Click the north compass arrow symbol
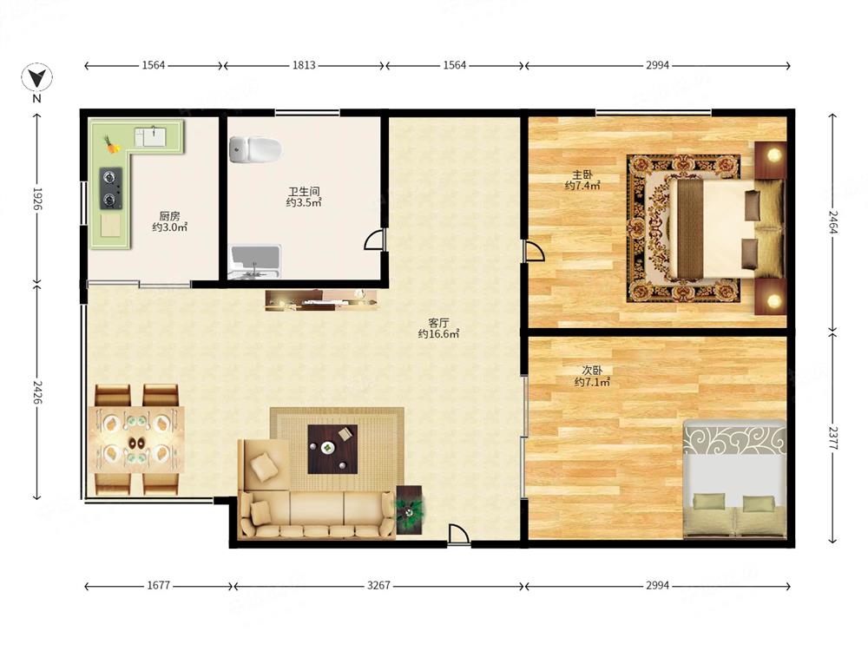pos(36,77)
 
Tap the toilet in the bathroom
pos(255,149)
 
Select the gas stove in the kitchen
pos(111,188)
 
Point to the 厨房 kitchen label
pos(169,216)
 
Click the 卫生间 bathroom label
pos(304,192)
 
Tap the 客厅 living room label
pos(438,322)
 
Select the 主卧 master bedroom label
pos(582,174)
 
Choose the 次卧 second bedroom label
pos(592,370)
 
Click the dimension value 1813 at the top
pos(304,65)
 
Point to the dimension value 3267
pos(378,585)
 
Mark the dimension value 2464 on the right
pos(832,222)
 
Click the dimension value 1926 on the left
pos(37,199)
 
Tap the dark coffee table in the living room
pos(332,449)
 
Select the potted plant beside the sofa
pos(410,510)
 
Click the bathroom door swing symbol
pos(373,240)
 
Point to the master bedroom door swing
pos(535,251)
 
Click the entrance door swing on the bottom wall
pos(458,535)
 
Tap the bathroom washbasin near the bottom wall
pos(255,262)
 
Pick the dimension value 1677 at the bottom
pos(158,585)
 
